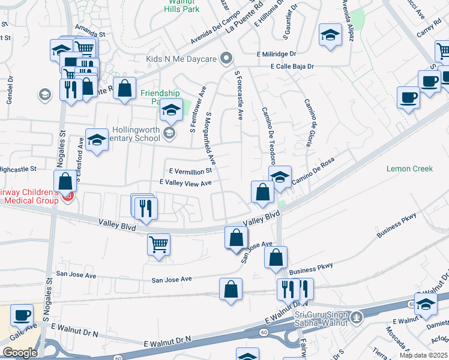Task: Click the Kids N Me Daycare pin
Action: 226,59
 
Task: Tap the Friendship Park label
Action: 160,97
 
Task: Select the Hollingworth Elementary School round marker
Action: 169,133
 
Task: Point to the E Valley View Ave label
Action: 185,183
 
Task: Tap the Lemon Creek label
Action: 409,169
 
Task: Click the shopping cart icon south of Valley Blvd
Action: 158,244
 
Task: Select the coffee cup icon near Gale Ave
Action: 23,314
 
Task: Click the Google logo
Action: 20,353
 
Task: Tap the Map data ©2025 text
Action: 423,355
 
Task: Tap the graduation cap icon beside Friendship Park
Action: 171,109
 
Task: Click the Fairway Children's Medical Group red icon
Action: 68,196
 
